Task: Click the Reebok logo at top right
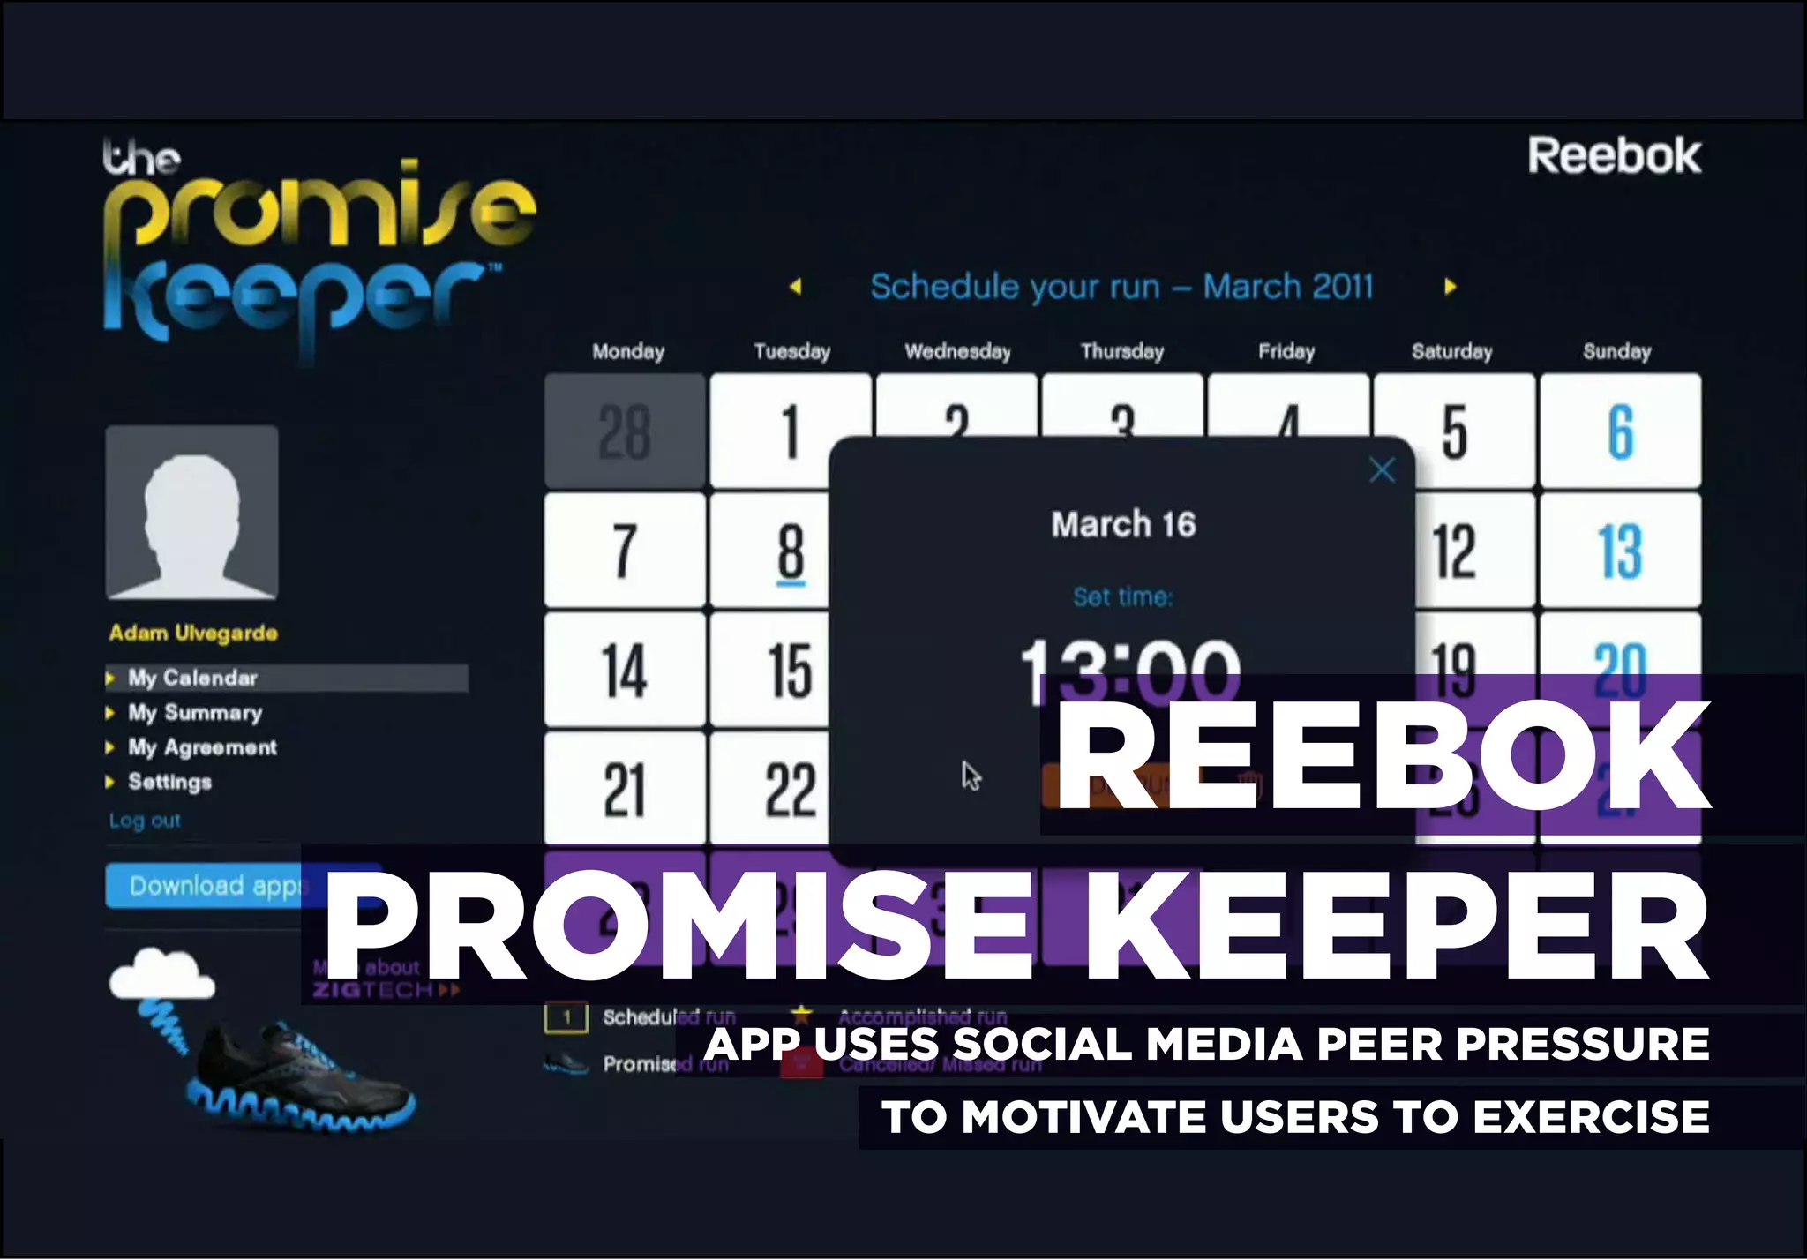(1614, 156)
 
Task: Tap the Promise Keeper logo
(318, 251)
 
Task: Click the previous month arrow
(796, 287)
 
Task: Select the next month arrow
(1450, 287)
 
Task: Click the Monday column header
(628, 351)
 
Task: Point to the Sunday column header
(1616, 351)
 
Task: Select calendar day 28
(625, 431)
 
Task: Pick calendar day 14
(625, 671)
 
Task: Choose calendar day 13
(1620, 551)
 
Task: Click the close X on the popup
(1382, 469)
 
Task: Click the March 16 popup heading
(1123, 525)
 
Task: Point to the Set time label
(1123, 597)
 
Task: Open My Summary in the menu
(195, 713)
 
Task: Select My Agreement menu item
(202, 747)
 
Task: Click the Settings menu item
(169, 782)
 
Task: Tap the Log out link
(145, 821)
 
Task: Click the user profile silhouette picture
(192, 513)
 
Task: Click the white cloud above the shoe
(161, 974)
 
